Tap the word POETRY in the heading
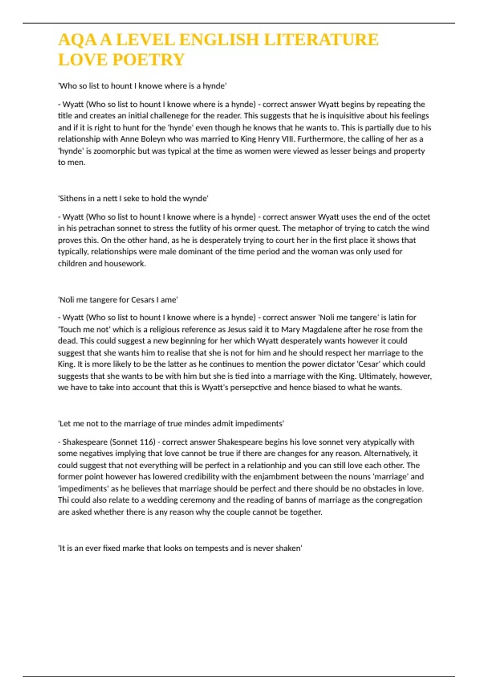[x=149, y=60]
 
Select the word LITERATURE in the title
[x=321, y=40]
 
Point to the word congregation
[x=397, y=500]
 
